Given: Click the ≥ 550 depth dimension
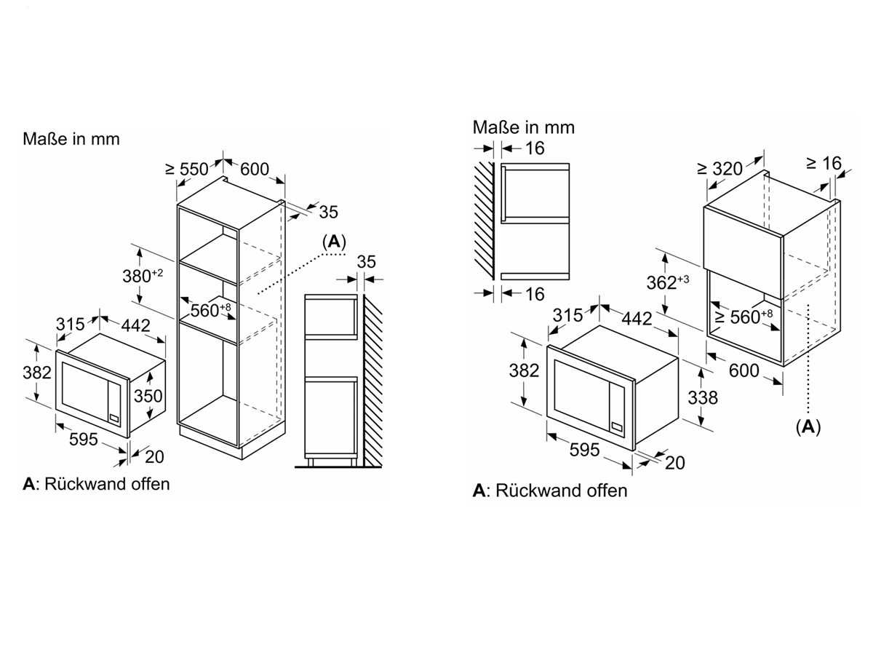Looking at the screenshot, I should (x=188, y=169).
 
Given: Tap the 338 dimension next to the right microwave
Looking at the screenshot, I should (x=702, y=397).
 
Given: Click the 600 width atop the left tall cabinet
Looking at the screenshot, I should (x=255, y=169).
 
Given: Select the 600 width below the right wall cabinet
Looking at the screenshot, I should (x=744, y=371).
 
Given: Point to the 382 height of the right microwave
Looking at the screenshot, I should (x=524, y=370).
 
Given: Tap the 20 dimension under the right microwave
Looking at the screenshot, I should (x=675, y=463).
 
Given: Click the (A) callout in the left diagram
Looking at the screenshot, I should (x=334, y=242).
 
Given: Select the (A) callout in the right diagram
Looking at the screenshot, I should (x=808, y=427).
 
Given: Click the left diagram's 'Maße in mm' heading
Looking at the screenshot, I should (x=71, y=138).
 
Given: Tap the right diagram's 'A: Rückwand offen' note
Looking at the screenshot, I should (x=549, y=491).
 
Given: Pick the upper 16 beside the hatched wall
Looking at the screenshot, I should (x=534, y=148).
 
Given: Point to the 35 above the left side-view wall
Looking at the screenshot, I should (x=367, y=262).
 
